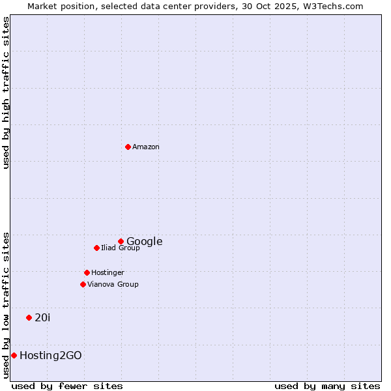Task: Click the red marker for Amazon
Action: (128, 147)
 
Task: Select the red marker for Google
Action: (121, 241)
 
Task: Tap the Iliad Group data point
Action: (96, 248)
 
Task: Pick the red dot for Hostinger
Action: (87, 272)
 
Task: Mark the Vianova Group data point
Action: (83, 284)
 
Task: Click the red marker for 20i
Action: (29, 317)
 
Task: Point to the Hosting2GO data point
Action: (14, 355)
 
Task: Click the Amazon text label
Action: (146, 147)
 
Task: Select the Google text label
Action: (145, 242)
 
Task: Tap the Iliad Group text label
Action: (121, 248)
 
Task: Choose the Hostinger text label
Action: (108, 273)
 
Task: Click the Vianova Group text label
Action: (113, 285)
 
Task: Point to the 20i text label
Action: (42, 318)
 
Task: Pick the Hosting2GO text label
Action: (51, 356)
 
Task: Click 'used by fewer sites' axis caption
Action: (67, 386)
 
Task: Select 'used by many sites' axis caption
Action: (327, 386)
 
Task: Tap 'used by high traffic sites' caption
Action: (7, 93)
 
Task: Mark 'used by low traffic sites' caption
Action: (7, 305)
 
